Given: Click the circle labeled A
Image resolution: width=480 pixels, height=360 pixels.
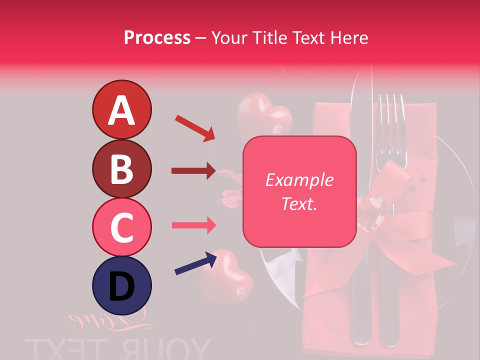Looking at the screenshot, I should (121, 109).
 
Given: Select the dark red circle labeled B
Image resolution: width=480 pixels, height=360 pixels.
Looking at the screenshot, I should (121, 168).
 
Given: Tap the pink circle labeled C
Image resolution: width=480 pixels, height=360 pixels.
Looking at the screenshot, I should (121, 227).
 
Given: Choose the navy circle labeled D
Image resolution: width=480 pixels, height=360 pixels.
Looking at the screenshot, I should (121, 285).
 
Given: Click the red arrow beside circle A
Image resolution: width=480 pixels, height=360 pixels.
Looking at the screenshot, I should (194, 128).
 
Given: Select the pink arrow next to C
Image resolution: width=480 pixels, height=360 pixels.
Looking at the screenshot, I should (193, 225).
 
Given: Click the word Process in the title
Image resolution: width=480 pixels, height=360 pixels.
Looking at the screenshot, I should (157, 37).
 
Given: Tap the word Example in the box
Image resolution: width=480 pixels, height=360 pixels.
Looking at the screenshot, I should (299, 180).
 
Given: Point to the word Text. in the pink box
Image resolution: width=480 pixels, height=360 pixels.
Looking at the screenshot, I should (299, 203).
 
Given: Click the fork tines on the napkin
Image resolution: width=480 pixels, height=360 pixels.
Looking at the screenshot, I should (391, 122).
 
